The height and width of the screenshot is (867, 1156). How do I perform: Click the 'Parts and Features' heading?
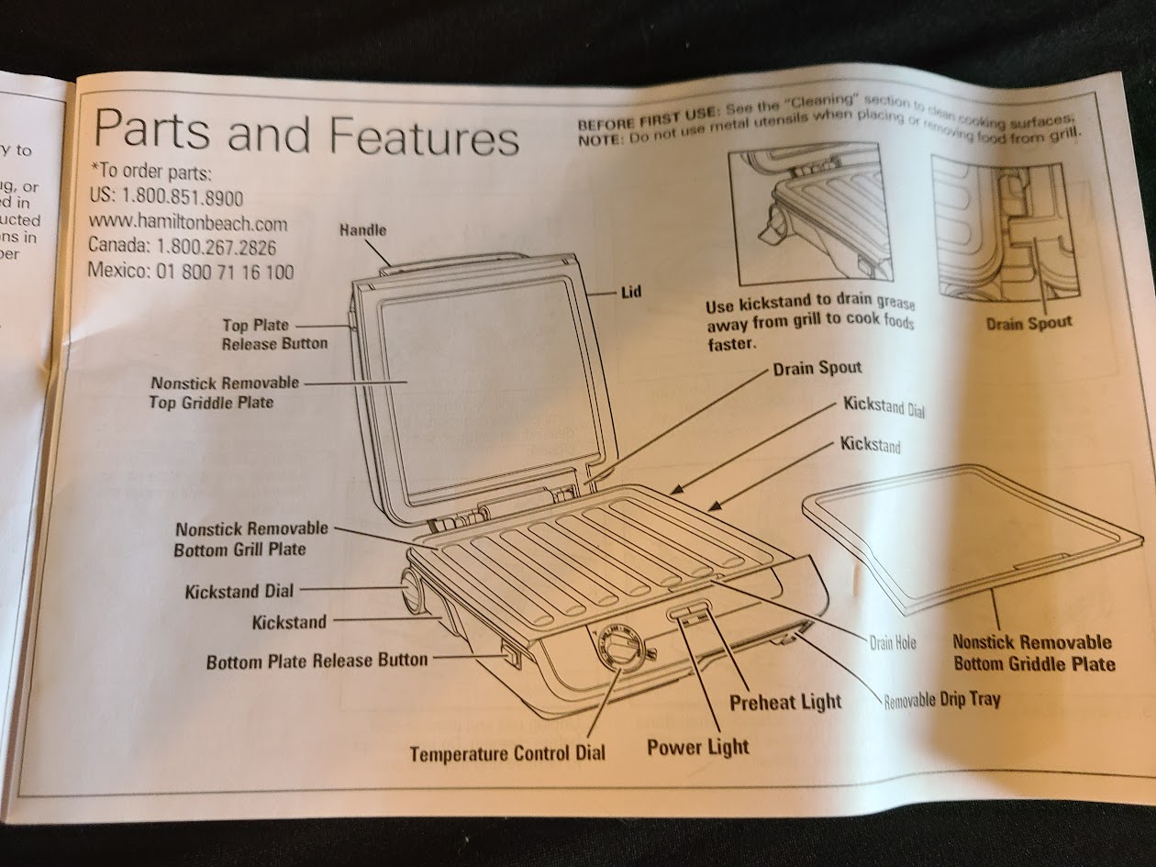click(306, 133)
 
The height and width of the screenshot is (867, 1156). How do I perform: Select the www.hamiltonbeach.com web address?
click(187, 223)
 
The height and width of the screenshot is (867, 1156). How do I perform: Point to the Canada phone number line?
click(183, 247)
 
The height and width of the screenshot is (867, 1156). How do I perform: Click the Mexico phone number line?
click(191, 272)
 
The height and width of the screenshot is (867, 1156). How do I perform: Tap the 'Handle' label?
click(363, 229)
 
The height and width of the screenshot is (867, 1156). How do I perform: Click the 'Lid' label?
click(631, 293)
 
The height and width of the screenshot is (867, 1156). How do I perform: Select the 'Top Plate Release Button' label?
click(274, 334)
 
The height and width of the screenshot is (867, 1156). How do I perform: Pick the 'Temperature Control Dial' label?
click(507, 753)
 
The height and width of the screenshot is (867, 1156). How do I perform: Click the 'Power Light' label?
click(697, 747)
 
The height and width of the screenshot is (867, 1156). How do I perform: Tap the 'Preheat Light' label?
click(784, 702)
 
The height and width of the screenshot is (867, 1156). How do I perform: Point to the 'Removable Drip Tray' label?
click(941, 700)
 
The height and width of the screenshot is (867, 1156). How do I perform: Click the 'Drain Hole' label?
click(892, 643)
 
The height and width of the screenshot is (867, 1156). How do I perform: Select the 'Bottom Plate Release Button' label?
click(317, 660)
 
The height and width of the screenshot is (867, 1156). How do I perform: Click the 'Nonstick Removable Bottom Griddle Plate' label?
click(1032, 652)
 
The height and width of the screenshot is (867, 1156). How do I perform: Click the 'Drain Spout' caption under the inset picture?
click(1028, 323)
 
